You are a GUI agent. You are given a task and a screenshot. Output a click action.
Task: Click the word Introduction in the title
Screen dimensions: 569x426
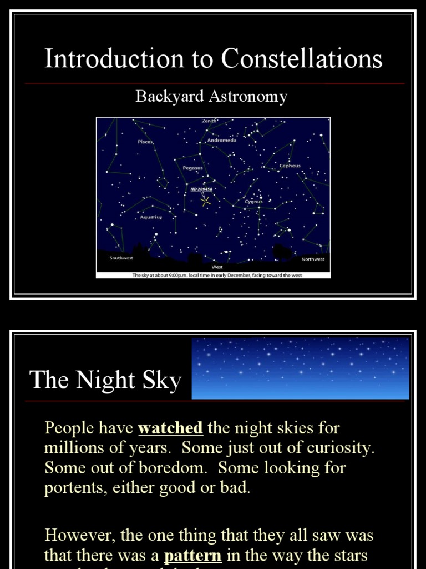point(115,59)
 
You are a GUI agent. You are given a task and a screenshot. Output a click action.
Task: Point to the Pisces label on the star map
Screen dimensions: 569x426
point(145,142)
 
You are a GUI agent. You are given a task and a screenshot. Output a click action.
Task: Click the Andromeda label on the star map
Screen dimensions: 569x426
point(221,141)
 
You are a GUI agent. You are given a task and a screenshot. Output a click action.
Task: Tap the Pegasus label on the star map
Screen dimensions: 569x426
point(192,167)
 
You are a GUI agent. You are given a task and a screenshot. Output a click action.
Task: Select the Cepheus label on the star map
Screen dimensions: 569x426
point(290,166)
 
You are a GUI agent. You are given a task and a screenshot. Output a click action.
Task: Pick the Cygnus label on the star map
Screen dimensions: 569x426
point(253,202)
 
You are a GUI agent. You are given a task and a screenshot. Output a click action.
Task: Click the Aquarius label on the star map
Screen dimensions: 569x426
point(151,217)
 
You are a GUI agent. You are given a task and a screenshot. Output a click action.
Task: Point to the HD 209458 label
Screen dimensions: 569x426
point(201,189)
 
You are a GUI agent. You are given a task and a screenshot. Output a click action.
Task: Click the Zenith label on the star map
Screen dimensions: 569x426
point(209,121)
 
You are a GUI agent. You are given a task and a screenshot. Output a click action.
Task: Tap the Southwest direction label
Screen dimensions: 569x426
point(121,258)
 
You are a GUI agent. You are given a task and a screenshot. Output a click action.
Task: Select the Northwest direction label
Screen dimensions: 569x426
point(313,259)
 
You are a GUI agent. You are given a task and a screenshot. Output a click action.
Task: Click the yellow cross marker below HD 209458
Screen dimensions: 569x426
point(206,202)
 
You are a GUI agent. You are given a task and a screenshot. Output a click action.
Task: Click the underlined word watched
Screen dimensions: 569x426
point(170,428)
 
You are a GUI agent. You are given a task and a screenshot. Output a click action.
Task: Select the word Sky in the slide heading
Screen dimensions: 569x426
point(163,381)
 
